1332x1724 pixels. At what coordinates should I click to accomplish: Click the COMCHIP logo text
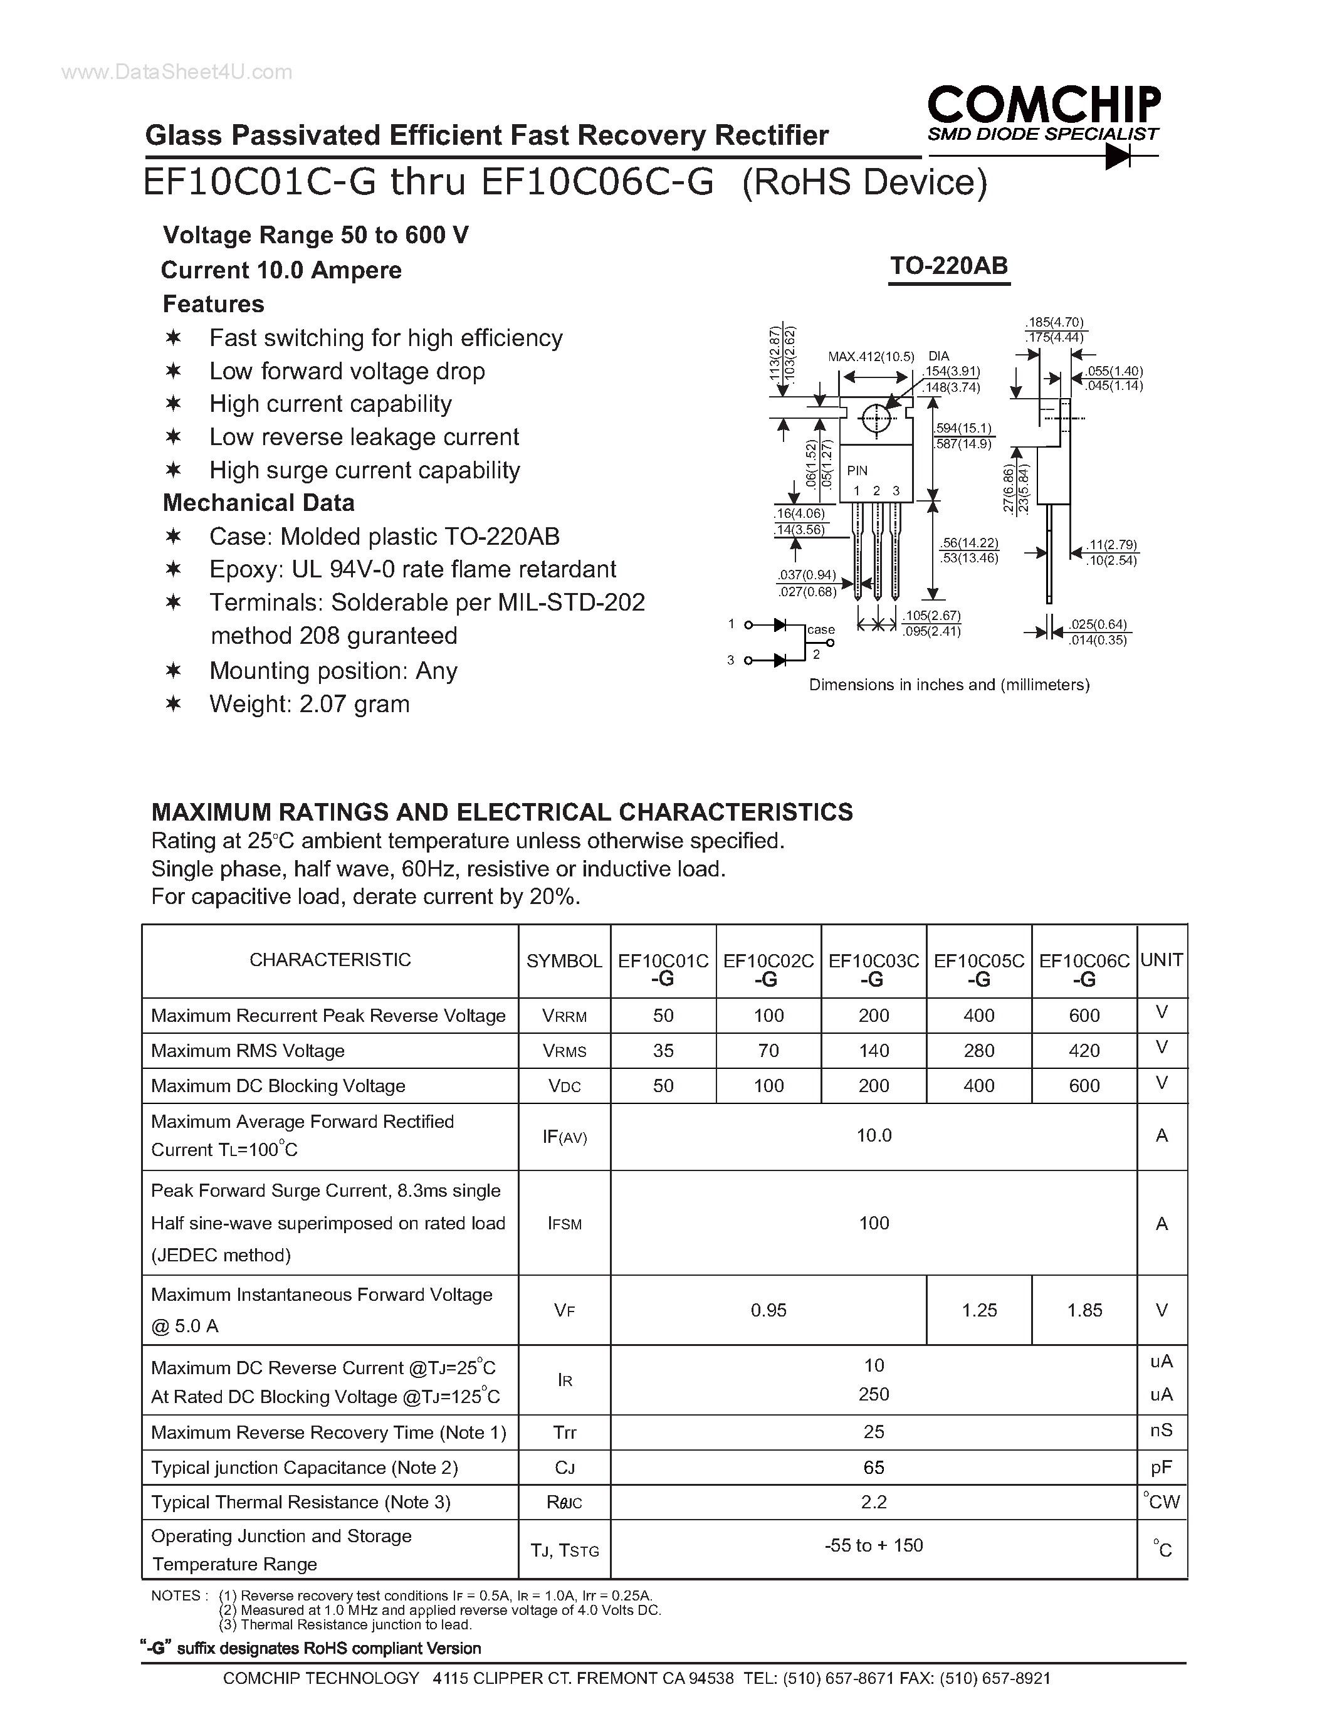[x=1043, y=104]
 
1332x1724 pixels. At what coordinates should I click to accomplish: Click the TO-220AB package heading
[x=948, y=266]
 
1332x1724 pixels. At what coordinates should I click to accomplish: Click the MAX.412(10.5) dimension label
[x=871, y=357]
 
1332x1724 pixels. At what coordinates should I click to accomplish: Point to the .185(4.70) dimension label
[x=1054, y=322]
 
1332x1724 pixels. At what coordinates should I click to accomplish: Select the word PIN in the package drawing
[x=857, y=470]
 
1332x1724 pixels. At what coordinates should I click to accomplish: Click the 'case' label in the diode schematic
[x=821, y=629]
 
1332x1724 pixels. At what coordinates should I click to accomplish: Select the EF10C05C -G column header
[x=978, y=969]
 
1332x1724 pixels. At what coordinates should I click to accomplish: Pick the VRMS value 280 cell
[x=978, y=1051]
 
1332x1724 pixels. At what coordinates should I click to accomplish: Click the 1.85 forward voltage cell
[x=1084, y=1310]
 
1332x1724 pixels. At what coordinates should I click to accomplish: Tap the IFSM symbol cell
[x=564, y=1224]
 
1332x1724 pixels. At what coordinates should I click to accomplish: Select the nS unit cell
[x=1162, y=1431]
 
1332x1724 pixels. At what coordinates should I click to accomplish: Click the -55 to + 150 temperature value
[x=874, y=1545]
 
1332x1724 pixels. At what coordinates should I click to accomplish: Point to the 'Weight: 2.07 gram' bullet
[x=308, y=704]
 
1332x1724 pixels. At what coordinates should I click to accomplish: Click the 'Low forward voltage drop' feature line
[x=347, y=371]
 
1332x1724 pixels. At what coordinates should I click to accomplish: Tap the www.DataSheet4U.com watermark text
[x=177, y=73]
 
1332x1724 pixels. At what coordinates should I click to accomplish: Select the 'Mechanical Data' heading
[x=258, y=503]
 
